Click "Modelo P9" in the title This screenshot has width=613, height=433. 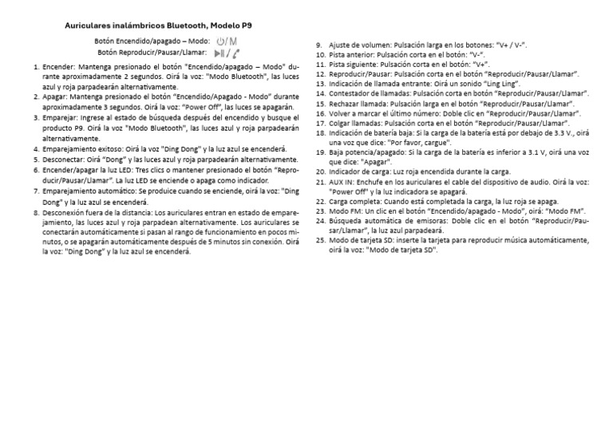pyautogui.click(x=231, y=26)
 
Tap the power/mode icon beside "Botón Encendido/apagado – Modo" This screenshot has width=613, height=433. pyautogui.click(x=227, y=41)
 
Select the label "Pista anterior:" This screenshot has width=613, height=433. pyautogui.click(x=352, y=55)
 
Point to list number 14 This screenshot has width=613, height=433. pyautogui.click(x=320, y=93)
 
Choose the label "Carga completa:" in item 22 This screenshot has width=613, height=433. pyautogui.click(x=355, y=202)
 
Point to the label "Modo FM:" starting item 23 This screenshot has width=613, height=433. pyautogui.click(x=346, y=211)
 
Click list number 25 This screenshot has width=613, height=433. pyautogui.click(x=320, y=240)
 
